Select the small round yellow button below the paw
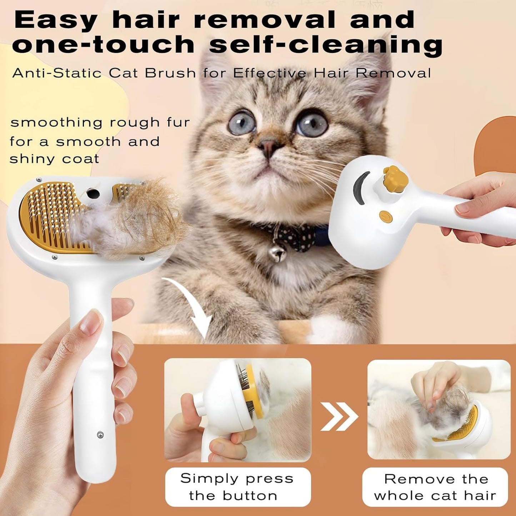point(385,216)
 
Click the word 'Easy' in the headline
point(55,20)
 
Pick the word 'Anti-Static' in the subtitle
point(57,73)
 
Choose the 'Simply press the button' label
point(237,487)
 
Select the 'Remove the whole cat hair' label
point(435,487)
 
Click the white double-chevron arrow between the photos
point(339,416)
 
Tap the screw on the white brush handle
point(100,434)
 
